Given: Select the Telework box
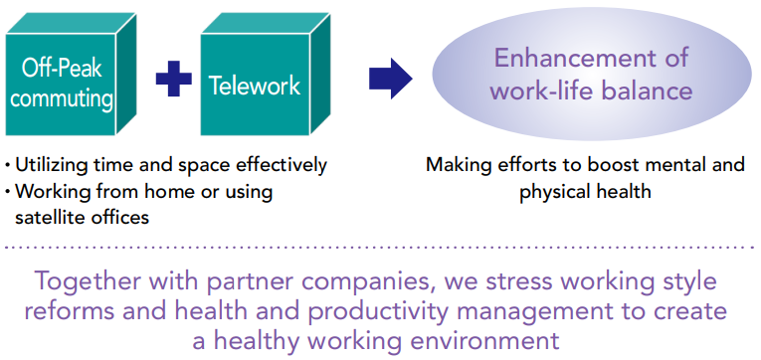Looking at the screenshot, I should (255, 85).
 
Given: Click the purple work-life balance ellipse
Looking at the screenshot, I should (591, 75).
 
